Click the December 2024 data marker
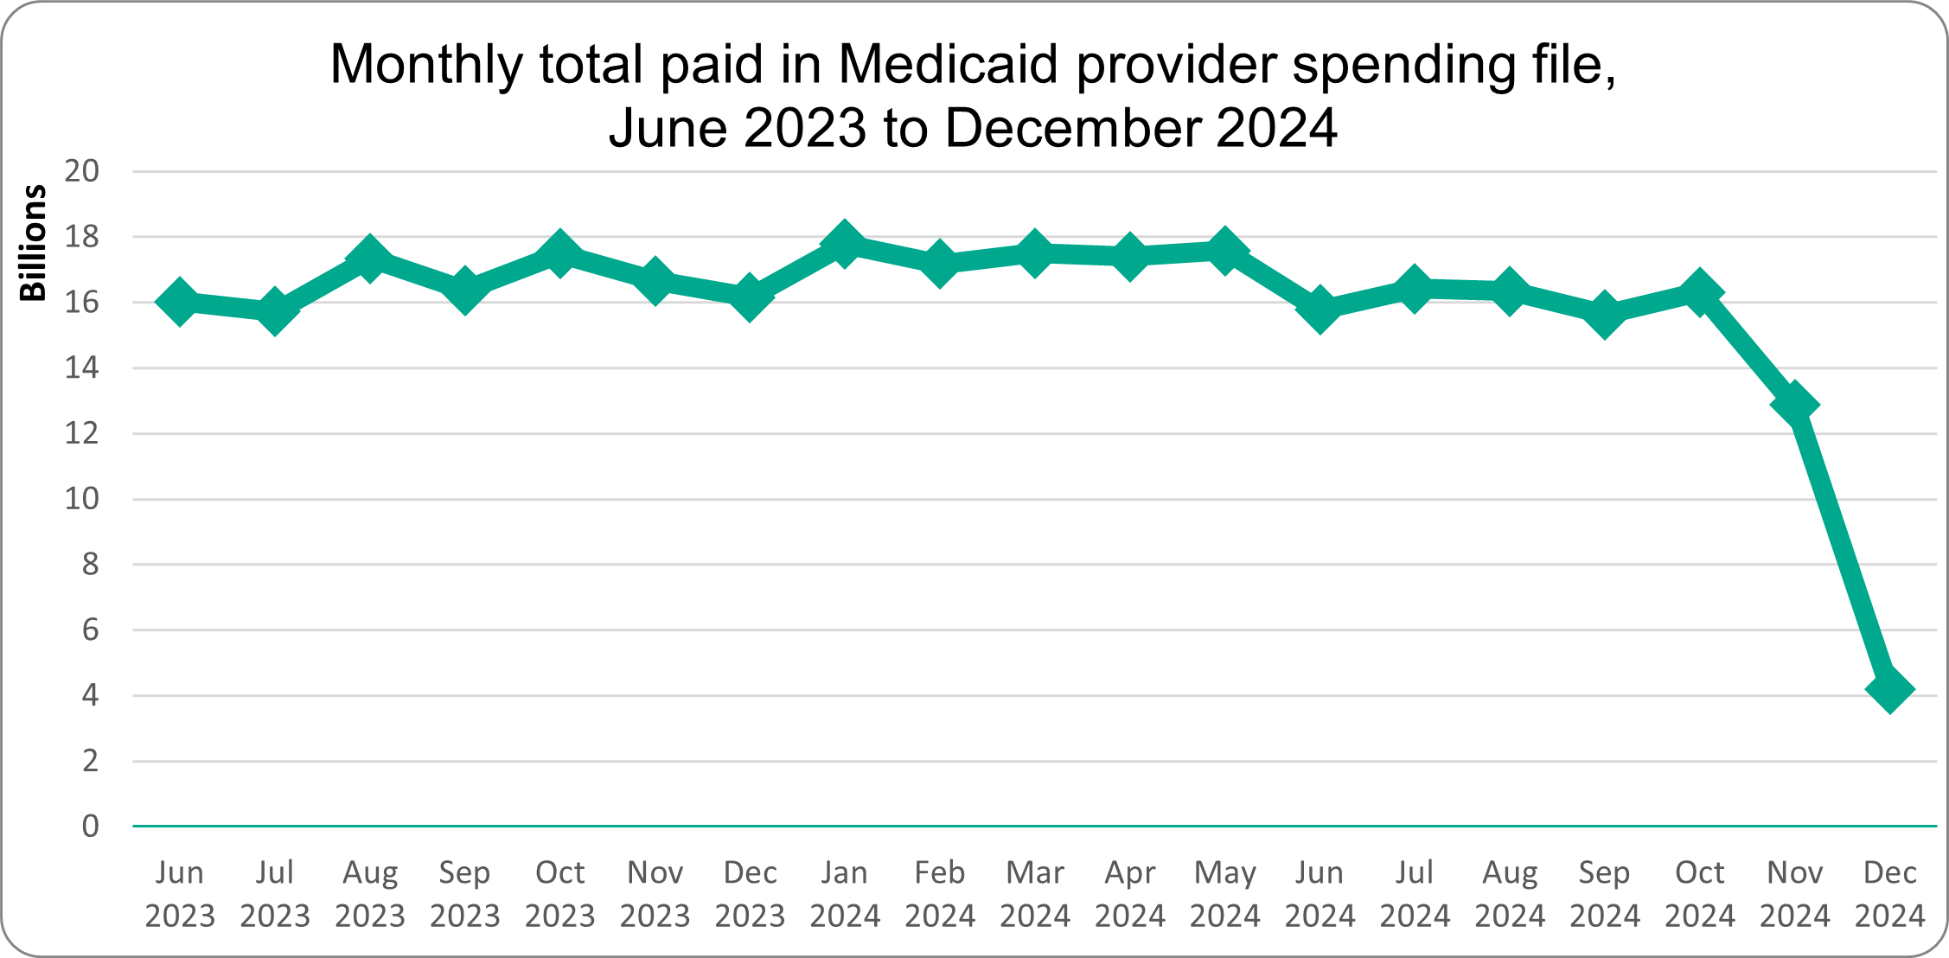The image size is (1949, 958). (x=1889, y=690)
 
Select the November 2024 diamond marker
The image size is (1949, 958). (x=1795, y=405)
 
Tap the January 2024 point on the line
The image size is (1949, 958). (x=845, y=244)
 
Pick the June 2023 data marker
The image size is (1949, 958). (x=180, y=302)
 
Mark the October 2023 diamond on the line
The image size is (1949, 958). (x=560, y=253)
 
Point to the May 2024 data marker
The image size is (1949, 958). (x=1224, y=251)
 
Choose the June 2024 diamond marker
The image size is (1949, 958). (x=1320, y=309)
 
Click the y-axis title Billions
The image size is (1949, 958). (x=33, y=243)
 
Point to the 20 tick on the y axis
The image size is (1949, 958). (x=82, y=171)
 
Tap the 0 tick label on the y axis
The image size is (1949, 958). (x=90, y=827)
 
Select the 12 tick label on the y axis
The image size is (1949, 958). (x=82, y=433)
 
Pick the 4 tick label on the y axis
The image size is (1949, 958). (x=90, y=695)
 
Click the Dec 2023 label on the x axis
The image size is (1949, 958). (x=750, y=894)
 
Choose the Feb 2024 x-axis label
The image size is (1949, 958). (x=940, y=894)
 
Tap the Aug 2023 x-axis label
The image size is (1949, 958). (x=370, y=894)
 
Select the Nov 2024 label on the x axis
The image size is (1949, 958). (x=1795, y=894)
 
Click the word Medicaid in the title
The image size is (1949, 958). (x=948, y=64)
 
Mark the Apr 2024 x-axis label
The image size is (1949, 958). (x=1130, y=894)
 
